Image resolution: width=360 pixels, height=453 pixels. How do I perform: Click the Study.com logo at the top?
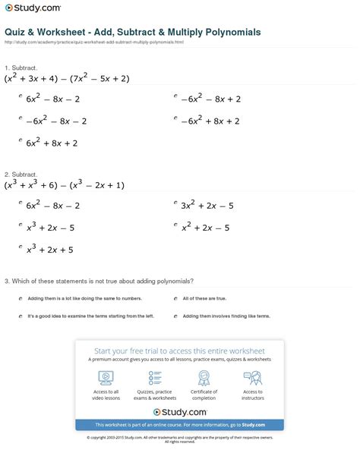[33, 9]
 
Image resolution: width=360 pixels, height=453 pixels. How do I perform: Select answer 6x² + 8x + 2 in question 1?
[52, 142]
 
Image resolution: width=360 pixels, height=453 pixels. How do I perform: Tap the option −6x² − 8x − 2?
[56, 121]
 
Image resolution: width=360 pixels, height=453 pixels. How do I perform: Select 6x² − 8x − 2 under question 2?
[52, 205]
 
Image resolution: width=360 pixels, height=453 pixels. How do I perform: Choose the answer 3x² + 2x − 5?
[207, 205]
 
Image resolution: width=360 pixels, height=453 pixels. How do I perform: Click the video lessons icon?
[106, 377]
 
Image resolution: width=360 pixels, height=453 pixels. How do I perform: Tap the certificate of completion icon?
[203, 377]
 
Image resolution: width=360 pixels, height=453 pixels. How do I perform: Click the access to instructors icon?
[252, 377]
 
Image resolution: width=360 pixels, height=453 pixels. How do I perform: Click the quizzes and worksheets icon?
[155, 377]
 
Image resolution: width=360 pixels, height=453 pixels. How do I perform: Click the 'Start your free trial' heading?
[179, 351]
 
